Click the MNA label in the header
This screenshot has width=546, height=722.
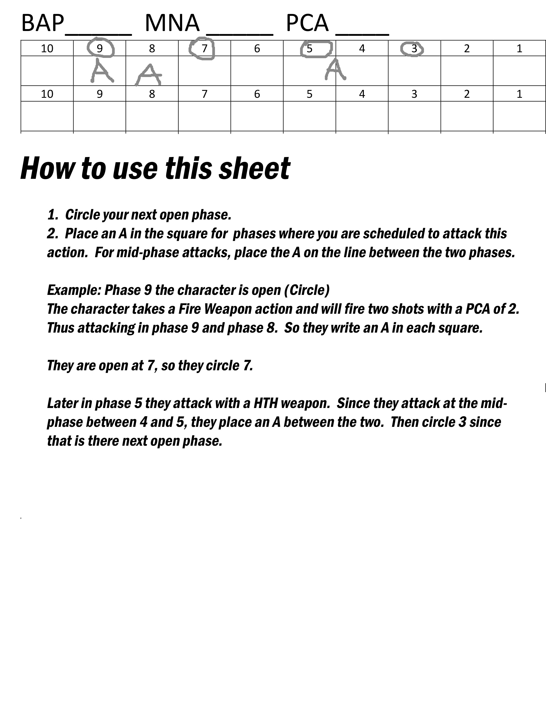click(x=172, y=23)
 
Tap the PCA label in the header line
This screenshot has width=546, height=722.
click(x=307, y=23)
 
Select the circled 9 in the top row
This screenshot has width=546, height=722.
click(x=100, y=48)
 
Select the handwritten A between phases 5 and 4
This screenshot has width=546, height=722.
click(x=335, y=70)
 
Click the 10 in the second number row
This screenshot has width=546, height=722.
click(x=47, y=94)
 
